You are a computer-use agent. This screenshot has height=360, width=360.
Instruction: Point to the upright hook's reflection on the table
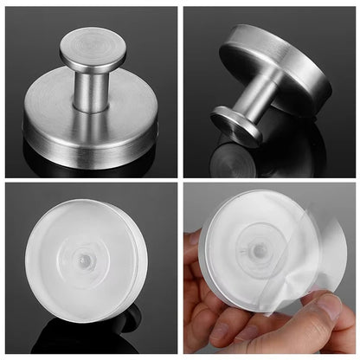[x=87, y=164]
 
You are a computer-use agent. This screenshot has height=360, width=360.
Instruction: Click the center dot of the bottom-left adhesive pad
[x=85, y=259]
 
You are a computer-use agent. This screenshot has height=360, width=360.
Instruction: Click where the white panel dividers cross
[x=180, y=180]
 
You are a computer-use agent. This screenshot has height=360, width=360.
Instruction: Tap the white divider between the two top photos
[x=180, y=87]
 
